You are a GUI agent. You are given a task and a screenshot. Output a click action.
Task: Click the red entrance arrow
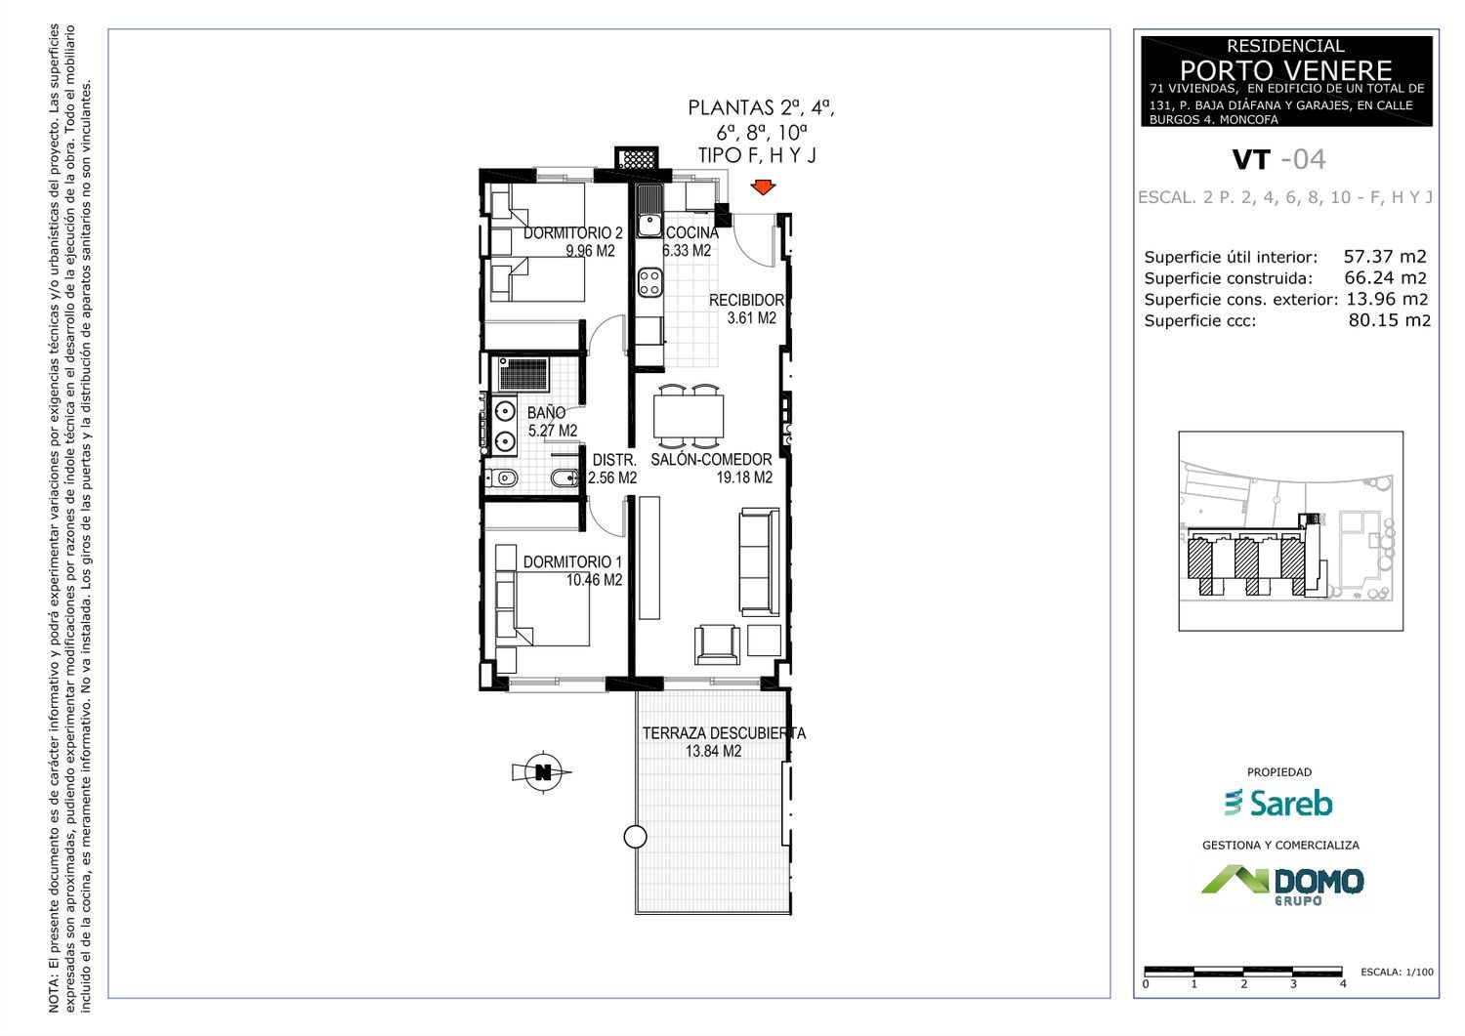coord(763,187)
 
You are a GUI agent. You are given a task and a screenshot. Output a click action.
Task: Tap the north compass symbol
coord(542,772)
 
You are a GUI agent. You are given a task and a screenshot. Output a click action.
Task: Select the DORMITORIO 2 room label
coord(573,232)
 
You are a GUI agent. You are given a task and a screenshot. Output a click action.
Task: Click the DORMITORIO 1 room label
coord(572,561)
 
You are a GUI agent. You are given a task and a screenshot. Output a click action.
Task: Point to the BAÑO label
coord(546,413)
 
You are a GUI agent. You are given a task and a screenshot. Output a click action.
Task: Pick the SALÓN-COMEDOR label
coord(711,460)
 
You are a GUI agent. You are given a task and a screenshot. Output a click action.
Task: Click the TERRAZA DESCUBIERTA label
coord(724,734)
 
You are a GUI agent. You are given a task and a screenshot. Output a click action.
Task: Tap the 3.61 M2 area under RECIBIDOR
coord(751,318)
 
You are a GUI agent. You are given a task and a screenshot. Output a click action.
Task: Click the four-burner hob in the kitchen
coord(649,283)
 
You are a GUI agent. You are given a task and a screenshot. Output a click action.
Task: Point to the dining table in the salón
coord(688,417)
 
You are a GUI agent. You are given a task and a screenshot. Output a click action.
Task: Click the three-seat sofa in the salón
coord(759,561)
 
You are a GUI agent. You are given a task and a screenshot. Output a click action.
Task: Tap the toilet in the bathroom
coord(502,478)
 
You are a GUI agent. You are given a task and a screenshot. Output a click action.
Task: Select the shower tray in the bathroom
coord(523,374)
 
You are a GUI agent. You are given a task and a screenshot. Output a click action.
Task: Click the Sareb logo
coord(1278,804)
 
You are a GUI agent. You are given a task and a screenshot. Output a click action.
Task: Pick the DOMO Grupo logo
coord(1282,886)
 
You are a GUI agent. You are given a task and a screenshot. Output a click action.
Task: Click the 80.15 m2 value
coord(1389,320)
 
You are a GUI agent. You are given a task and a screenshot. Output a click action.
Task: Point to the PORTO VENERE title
coord(1286,70)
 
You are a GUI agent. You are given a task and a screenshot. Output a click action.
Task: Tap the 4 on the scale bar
coord(1343,984)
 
